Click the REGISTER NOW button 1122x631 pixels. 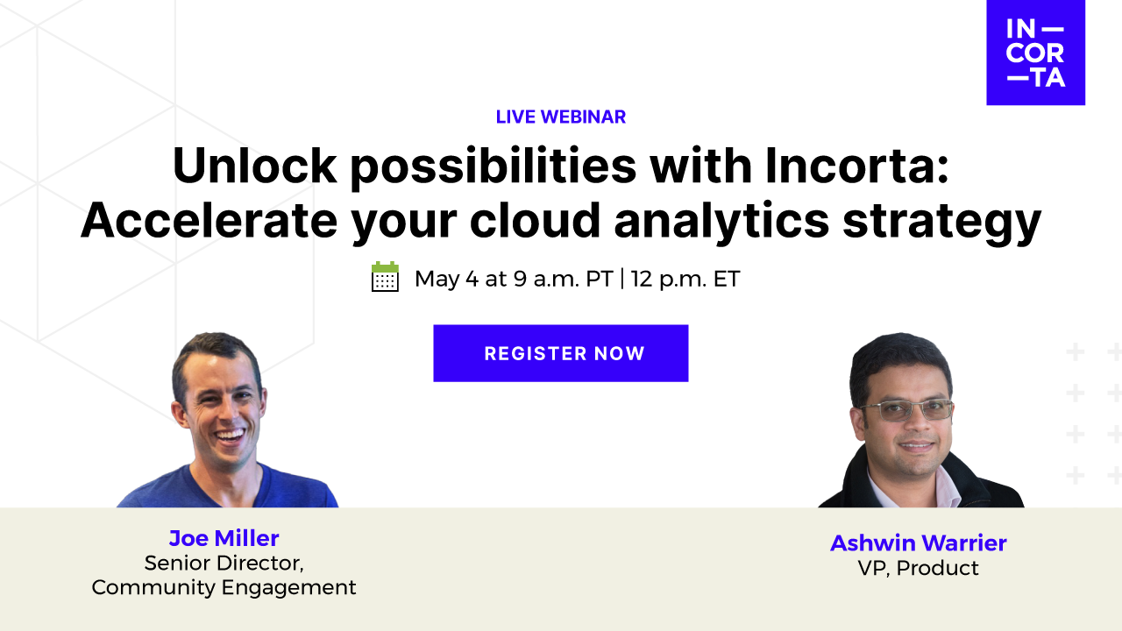pos(561,353)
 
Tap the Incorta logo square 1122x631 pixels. pos(1035,53)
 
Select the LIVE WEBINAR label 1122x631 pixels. pos(561,117)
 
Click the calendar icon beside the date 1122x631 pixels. pos(385,277)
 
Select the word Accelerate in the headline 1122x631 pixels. pos(207,221)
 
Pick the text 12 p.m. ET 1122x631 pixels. pos(685,279)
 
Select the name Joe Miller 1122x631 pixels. pos(224,537)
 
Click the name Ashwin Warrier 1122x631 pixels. pos(918,542)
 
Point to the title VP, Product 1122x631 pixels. pos(918,568)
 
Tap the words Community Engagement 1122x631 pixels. pos(224,587)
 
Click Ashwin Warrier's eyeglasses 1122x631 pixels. pos(907,410)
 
